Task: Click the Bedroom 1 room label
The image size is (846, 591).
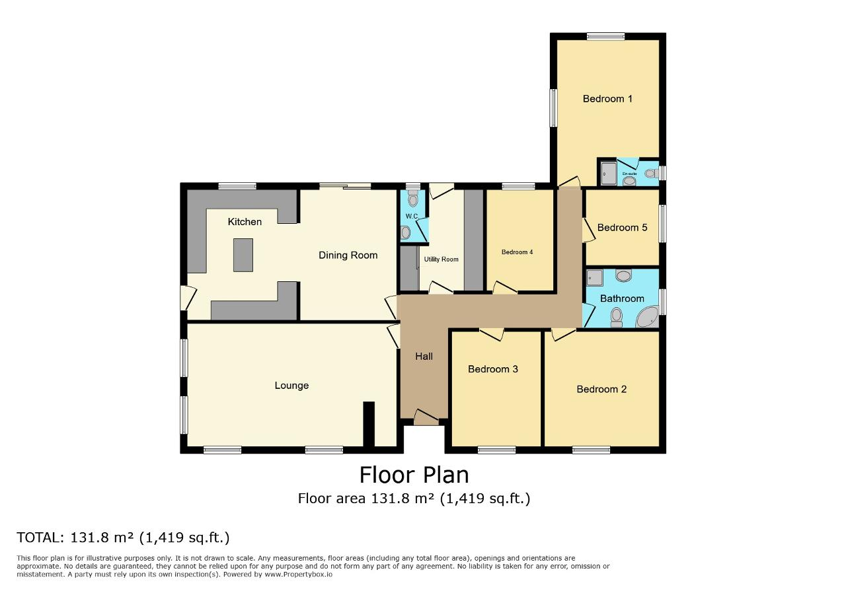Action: tap(607, 99)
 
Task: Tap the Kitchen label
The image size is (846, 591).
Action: tap(245, 221)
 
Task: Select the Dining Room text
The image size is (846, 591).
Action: tap(348, 255)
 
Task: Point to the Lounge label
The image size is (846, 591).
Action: tap(291, 386)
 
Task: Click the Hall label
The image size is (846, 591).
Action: tap(424, 357)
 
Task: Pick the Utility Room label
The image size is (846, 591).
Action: tap(441, 260)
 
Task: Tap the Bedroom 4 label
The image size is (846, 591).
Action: tap(517, 252)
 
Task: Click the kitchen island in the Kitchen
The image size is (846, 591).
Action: tap(243, 255)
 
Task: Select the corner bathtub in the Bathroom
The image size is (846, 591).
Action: tap(647, 317)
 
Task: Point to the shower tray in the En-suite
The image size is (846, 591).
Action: tap(608, 174)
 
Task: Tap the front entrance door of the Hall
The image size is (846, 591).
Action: tap(426, 417)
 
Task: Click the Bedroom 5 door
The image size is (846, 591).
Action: tap(589, 230)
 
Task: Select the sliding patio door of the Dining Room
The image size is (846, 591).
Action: tap(345, 186)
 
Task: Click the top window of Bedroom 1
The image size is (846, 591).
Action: tap(606, 36)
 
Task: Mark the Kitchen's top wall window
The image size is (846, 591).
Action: tap(237, 186)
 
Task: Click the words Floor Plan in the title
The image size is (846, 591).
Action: tap(414, 475)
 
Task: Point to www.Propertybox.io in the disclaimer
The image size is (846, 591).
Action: tap(298, 574)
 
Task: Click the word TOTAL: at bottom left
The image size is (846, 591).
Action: tap(40, 538)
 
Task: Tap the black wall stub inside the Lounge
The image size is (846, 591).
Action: tap(369, 424)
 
